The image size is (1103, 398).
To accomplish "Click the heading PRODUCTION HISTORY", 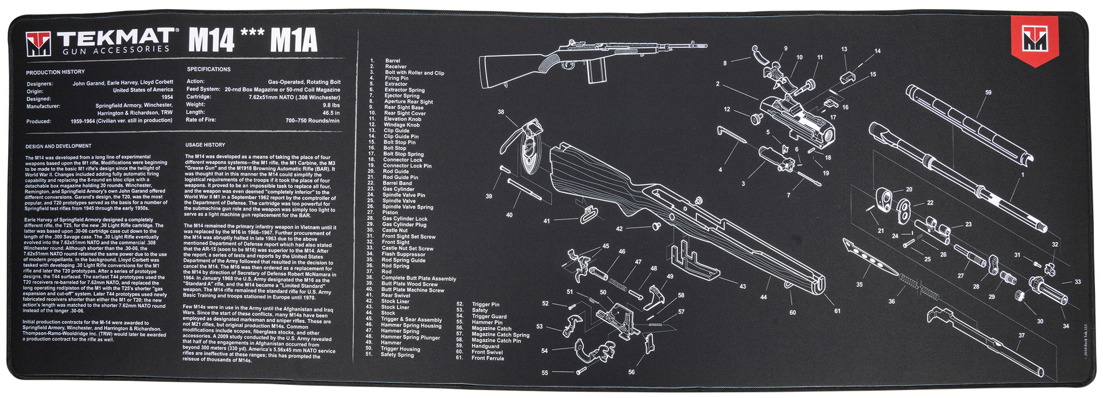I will click(55, 72).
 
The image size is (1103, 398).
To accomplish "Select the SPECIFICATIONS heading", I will click(209, 69).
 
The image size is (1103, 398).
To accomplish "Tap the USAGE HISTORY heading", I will click(205, 145).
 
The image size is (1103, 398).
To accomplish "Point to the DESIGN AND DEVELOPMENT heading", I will click(59, 146).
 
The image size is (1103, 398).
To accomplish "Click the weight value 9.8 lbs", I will click(331, 105).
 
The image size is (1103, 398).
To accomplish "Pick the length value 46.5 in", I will click(331, 113).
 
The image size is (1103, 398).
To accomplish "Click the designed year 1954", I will click(167, 98).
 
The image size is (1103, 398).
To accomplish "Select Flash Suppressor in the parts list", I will click(403, 254).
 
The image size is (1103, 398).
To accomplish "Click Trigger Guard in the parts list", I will click(489, 316).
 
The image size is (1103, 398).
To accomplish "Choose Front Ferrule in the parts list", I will click(487, 358).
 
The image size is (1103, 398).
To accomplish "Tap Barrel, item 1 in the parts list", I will click(392, 61).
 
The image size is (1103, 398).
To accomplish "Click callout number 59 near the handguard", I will click(988, 92).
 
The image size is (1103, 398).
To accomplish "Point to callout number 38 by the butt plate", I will click(500, 112).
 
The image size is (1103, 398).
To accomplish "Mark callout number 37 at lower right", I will click(1021, 335).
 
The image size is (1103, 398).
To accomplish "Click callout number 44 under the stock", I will click(763, 297).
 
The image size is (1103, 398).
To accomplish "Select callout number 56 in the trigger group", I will click(631, 372).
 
